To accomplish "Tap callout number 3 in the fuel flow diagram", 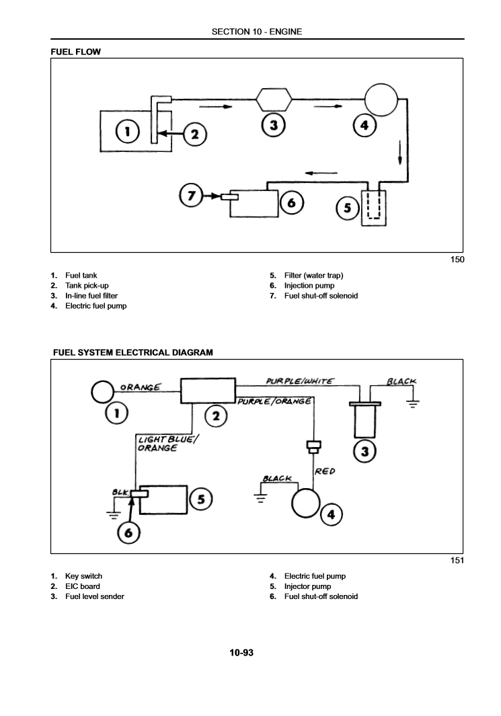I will tap(274, 124).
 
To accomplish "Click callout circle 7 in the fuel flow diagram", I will tap(191, 196).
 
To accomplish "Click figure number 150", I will tap(457, 260).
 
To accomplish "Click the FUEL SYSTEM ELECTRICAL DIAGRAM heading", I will tap(132, 352).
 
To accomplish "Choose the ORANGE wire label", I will tap(140, 387).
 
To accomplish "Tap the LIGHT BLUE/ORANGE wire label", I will tap(165, 444).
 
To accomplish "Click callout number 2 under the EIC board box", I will tap(215, 417).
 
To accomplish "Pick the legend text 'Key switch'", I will tap(83, 576).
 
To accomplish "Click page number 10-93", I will tap(241, 652).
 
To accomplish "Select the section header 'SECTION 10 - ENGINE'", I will tap(256, 32).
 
